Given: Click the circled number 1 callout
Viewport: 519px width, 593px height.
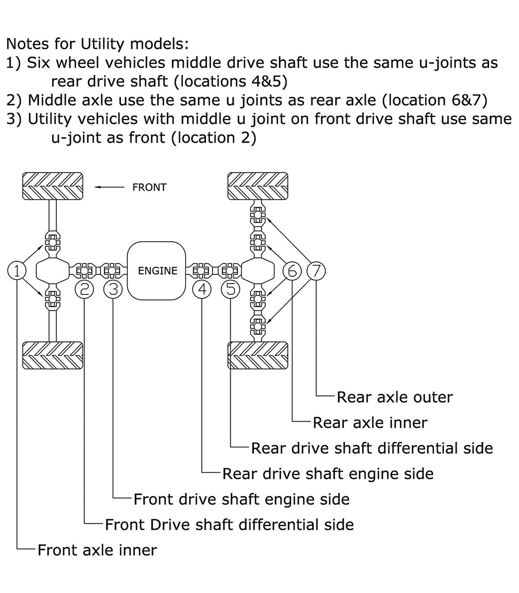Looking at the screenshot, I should pos(17,271).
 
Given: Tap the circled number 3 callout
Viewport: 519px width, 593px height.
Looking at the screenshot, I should pos(113,289).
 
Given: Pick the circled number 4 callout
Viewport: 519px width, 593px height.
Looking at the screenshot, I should pos(202,289).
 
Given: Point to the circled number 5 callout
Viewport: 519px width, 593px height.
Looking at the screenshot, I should pos(231,289).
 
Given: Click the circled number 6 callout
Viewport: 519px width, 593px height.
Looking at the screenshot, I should pos(292,271).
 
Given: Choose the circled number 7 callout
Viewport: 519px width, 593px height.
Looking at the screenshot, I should pos(316,271).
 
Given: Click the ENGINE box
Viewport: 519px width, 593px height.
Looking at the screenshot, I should pos(157,271).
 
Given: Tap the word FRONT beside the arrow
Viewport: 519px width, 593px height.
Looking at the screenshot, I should pos(149,188).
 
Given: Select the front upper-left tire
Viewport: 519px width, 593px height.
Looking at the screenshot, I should pos(52,186).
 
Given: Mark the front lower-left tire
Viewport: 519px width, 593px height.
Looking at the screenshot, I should pos(52,355).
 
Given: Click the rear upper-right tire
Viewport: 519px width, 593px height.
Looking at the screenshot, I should pos(258,186).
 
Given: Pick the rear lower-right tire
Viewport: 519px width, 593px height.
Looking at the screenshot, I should pos(258,355).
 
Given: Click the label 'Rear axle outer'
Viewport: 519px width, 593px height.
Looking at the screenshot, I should pos(394,397).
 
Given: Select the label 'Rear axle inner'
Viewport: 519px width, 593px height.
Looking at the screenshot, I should pos(370,423).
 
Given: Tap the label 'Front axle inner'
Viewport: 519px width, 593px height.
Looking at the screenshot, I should pos(97,550).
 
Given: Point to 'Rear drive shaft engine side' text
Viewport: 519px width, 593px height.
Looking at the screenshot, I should pos(328,474).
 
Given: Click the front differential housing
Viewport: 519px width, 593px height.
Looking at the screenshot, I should pos(52,271).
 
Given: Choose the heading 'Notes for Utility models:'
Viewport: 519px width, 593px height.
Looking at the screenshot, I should pos(98,44).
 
